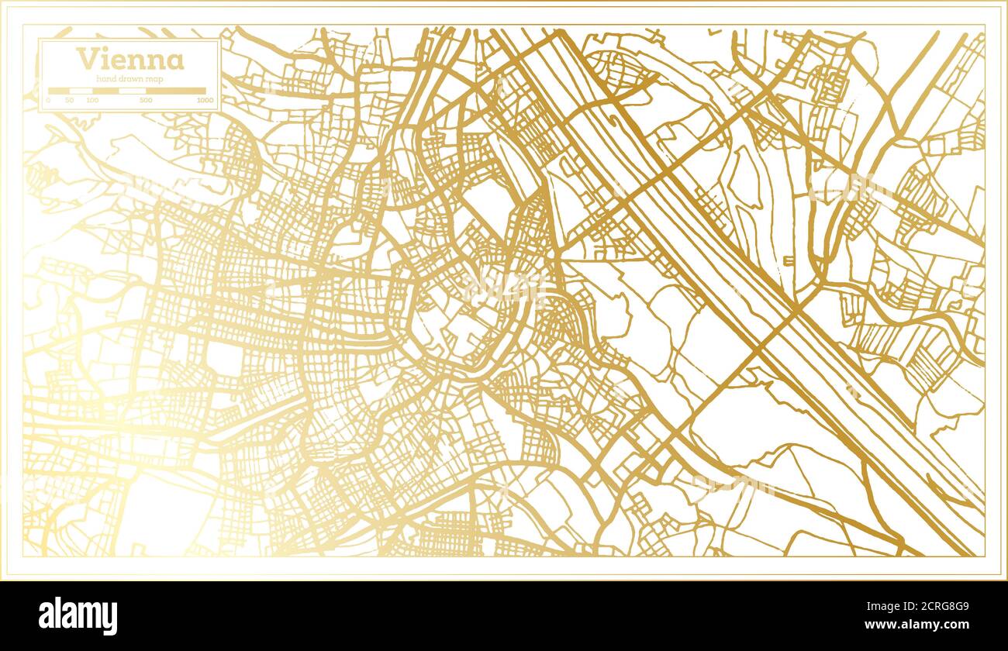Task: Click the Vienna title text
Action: [x=130, y=60]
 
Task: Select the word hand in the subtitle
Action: [x=106, y=79]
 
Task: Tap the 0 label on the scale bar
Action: [x=49, y=101]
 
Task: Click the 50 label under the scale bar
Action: [x=70, y=101]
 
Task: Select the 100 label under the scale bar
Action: [x=93, y=101]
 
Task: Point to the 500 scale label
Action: [x=146, y=101]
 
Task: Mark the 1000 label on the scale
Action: [x=205, y=101]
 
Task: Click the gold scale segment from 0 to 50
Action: [x=59, y=91]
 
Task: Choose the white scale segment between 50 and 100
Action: [x=81, y=91]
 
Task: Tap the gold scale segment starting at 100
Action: [x=105, y=91]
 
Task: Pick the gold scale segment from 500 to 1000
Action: [x=176, y=91]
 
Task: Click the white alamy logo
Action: [x=78, y=616]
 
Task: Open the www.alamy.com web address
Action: [x=911, y=625]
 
